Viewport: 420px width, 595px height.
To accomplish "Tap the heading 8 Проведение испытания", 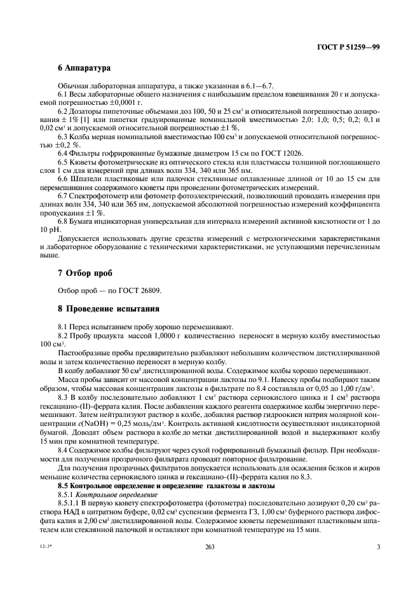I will (x=99, y=310).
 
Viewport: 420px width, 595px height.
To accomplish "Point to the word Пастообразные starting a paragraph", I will (x=83, y=352).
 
